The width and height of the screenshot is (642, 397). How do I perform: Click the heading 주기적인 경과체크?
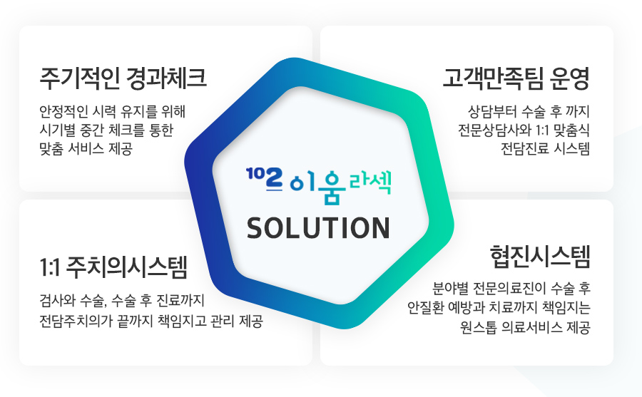(123, 78)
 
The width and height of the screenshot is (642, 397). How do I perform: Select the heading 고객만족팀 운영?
(516, 78)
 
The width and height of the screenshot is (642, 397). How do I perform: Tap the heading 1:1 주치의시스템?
(113, 267)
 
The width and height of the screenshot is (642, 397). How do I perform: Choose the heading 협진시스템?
(540, 257)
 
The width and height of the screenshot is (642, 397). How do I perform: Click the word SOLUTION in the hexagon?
(319, 228)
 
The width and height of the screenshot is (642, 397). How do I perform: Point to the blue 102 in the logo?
(265, 179)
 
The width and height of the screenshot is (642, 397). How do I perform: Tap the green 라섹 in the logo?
(370, 182)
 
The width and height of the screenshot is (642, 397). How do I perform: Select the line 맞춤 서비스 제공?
(86, 148)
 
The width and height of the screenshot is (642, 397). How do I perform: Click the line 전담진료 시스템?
(546, 148)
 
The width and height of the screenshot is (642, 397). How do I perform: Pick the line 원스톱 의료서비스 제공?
(525, 327)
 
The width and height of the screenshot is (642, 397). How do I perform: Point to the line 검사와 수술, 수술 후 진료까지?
(121, 300)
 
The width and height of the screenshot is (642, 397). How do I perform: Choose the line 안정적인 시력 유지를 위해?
(113, 111)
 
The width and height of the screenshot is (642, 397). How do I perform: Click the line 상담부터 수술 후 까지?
(529, 111)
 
